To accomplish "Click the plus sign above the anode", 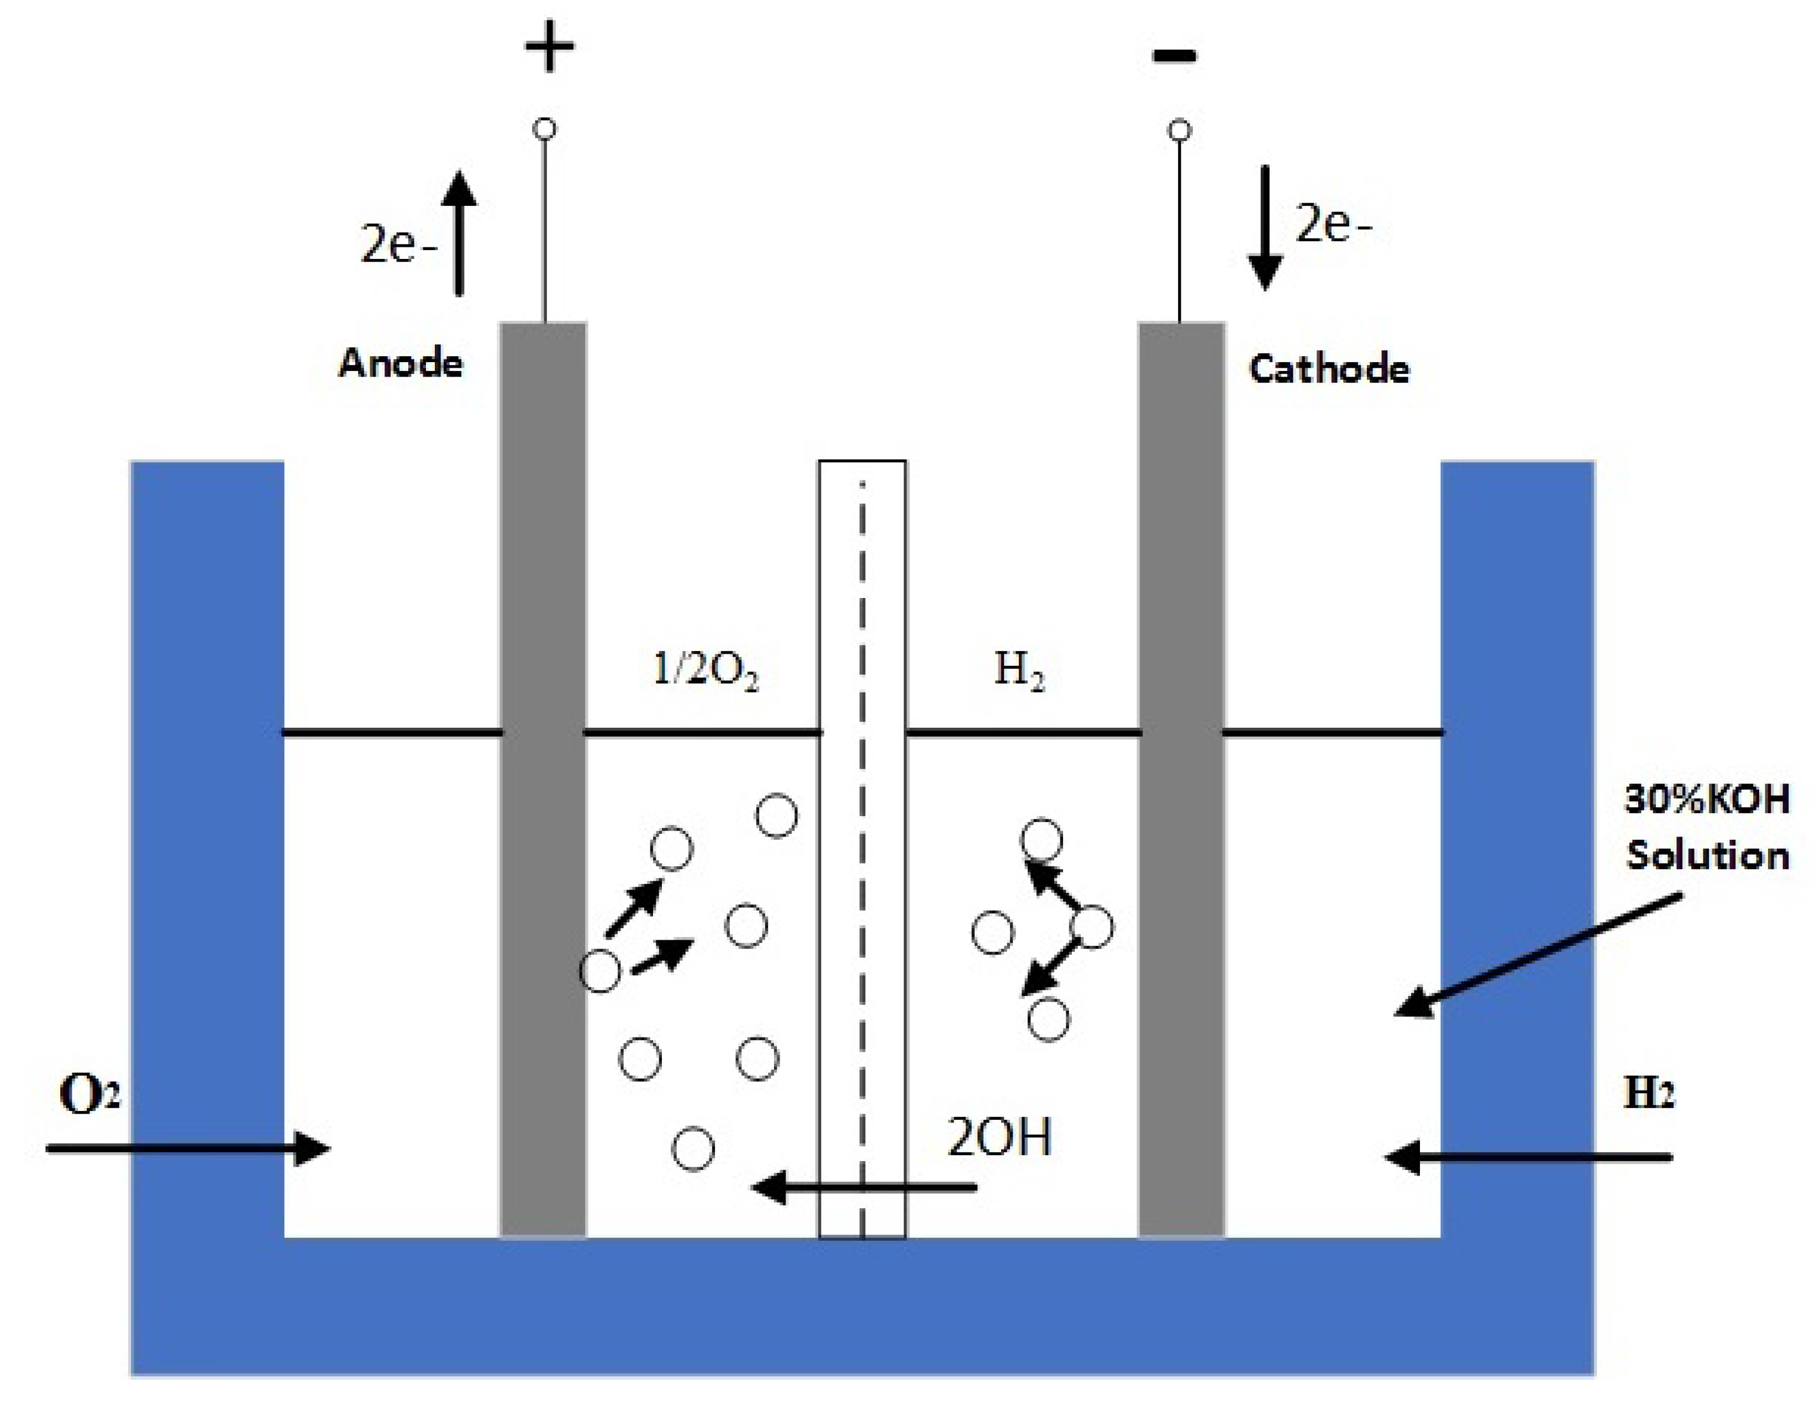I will [549, 48].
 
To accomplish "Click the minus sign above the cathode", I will [1174, 56].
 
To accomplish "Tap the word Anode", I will [401, 364].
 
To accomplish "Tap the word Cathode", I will [1329, 369].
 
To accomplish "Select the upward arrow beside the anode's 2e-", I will [459, 232].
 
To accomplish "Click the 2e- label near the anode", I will [397, 245].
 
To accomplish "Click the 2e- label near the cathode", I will [1333, 224].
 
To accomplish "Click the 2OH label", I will [999, 1137].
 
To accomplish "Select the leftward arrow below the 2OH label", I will [864, 1187].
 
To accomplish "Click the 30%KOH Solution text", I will [1707, 827].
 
